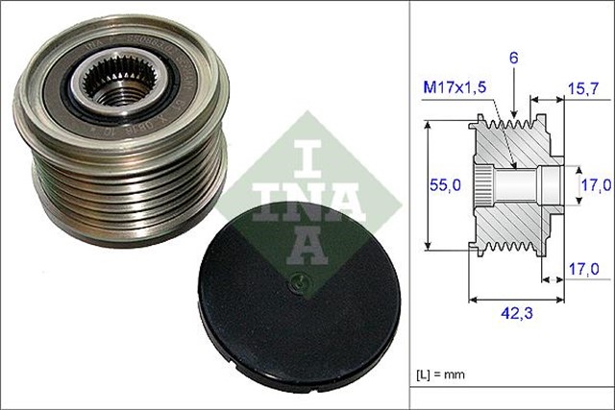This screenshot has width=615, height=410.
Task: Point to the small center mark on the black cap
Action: click(300, 284)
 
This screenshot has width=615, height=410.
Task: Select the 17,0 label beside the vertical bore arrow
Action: click(596, 182)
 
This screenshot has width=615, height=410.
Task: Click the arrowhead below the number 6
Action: click(515, 111)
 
